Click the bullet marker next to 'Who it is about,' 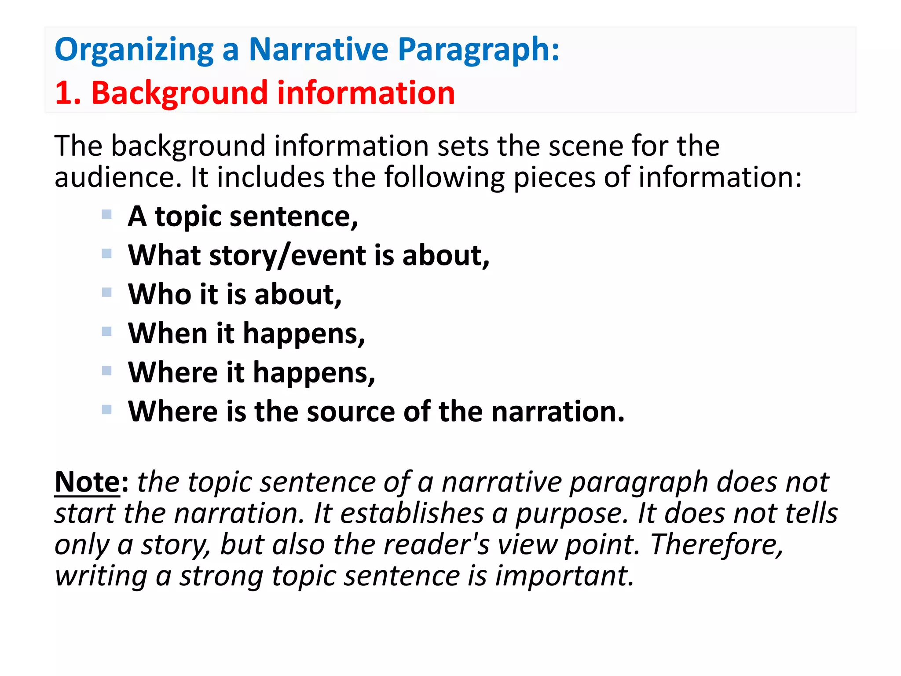(x=106, y=292)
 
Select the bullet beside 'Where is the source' (x=106, y=410)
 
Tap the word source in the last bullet (x=350, y=411)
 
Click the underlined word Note (x=87, y=482)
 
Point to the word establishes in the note (x=412, y=513)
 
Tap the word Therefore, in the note (x=717, y=545)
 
